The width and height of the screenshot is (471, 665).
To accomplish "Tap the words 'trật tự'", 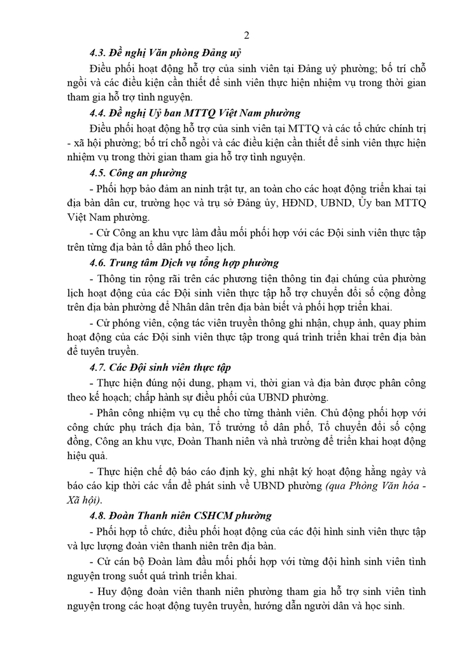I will point(229,189).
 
